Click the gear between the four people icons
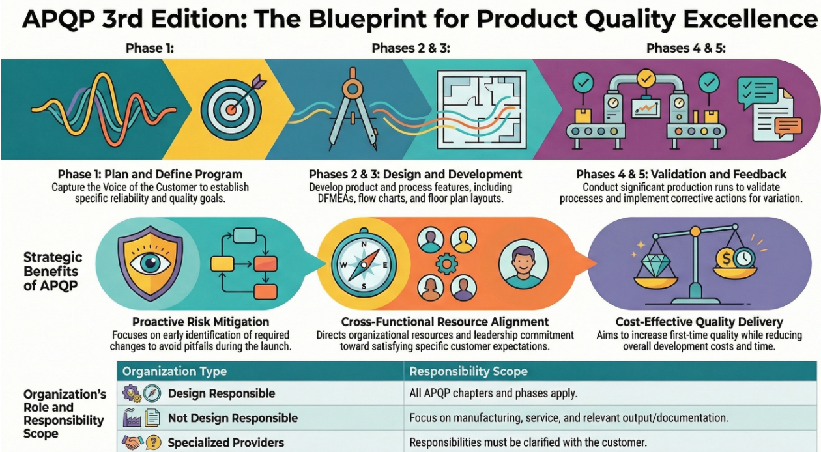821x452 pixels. point(446,264)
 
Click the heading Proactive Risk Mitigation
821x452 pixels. point(201,322)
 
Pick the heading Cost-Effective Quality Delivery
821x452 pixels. point(699,322)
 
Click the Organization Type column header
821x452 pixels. point(175,371)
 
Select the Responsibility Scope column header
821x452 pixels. point(468,371)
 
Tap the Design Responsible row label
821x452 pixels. point(222,393)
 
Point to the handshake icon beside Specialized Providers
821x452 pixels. point(133,442)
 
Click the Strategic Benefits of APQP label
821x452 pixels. point(52,271)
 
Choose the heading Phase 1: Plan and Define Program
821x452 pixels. point(150,174)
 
